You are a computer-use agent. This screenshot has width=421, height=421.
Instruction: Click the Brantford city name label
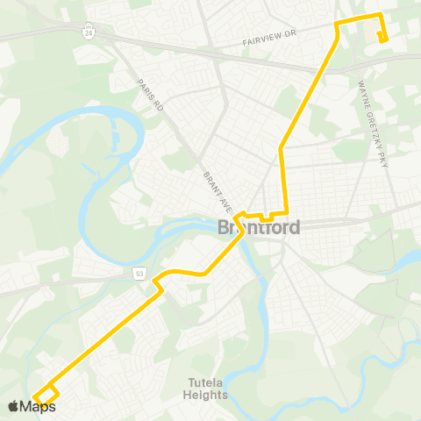(x=259, y=228)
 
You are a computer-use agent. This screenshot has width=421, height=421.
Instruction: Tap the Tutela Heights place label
(x=208, y=388)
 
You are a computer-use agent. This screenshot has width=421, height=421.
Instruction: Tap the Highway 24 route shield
(x=89, y=33)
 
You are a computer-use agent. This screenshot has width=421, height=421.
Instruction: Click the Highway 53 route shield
(x=139, y=275)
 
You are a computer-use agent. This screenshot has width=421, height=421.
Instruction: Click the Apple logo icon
(x=12, y=406)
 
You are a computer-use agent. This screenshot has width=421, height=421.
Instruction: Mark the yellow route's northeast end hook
(x=382, y=36)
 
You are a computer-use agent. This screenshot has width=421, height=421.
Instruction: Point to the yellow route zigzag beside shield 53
(x=159, y=280)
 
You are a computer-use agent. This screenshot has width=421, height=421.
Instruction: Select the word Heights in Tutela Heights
(x=208, y=395)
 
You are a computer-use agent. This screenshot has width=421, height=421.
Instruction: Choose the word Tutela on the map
(x=208, y=382)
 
